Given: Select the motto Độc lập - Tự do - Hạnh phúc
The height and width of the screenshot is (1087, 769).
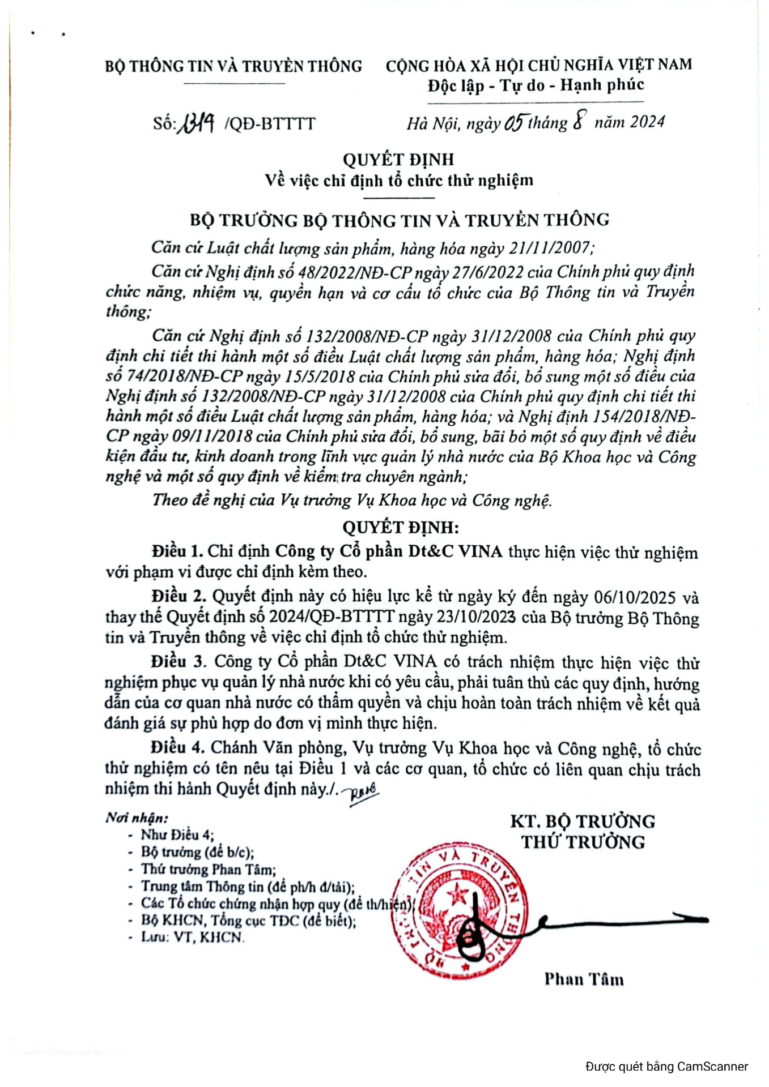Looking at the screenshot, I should click(536, 85).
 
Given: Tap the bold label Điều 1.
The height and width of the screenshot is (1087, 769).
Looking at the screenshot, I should click(177, 551).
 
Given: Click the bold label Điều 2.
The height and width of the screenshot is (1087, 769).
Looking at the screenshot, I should click(177, 596).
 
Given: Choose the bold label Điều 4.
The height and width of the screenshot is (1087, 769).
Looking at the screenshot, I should click(177, 747).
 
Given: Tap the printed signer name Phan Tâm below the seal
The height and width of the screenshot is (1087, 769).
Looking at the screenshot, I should click(584, 979).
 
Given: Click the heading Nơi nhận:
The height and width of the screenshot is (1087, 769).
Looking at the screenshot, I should click(137, 818).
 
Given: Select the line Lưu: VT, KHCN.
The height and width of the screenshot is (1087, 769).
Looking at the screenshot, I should click(192, 938).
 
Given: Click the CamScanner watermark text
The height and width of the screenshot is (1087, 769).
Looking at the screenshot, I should click(666, 1067).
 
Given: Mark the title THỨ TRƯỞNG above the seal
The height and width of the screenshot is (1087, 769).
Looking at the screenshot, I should click(583, 842).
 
